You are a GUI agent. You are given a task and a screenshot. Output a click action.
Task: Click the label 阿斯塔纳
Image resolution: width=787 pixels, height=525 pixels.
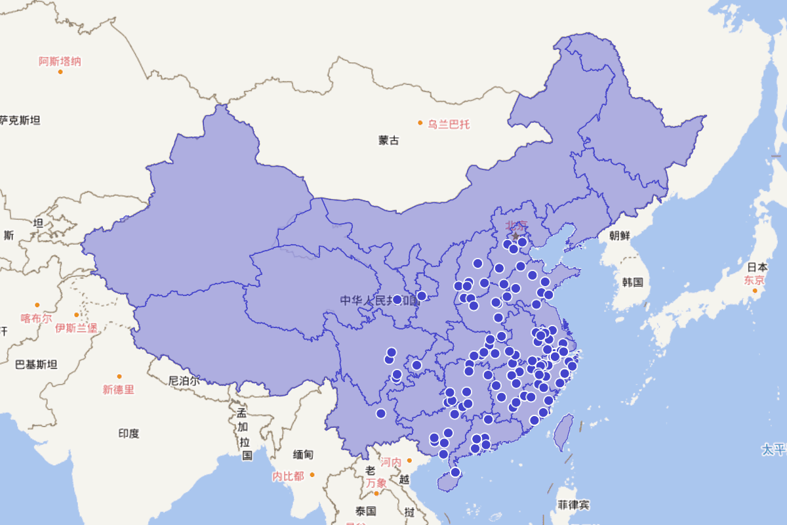[x=60, y=62]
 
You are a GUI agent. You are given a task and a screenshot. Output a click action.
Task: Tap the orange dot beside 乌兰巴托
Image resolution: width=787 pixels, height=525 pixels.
[x=420, y=123]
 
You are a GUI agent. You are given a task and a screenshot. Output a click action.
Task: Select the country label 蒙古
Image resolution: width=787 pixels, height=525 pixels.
[x=388, y=140]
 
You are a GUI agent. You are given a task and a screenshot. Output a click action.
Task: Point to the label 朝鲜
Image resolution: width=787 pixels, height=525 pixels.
[x=619, y=236]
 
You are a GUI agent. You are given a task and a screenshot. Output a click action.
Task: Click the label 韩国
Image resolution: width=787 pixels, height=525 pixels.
[x=633, y=282]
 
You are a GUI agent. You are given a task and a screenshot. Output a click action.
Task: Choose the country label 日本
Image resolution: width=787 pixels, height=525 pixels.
[x=757, y=267]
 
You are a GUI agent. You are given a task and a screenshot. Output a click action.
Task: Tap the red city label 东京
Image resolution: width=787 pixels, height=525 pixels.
[x=754, y=280]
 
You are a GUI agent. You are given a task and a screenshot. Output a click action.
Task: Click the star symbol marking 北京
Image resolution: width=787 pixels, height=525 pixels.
[x=515, y=236]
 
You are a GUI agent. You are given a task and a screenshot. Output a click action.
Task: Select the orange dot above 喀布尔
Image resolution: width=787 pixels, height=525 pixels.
[x=37, y=305]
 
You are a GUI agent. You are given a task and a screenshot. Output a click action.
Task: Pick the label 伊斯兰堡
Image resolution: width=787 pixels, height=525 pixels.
[x=76, y=327]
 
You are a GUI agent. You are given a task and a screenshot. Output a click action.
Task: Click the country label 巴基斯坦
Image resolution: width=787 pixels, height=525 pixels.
[x=36, y=364]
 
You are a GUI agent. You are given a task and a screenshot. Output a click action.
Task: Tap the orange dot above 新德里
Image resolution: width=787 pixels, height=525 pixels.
[x=119, y=377]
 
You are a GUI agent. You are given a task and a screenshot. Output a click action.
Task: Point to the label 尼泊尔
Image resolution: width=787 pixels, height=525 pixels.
[x=184, y=381]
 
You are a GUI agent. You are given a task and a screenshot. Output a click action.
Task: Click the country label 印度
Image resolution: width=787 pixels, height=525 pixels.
[x=129, y=433]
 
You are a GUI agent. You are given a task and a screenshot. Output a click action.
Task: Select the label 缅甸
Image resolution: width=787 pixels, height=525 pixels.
[x=303, y=454]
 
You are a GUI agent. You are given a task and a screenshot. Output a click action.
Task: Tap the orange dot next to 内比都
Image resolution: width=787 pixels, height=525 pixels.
[x=312, y=474]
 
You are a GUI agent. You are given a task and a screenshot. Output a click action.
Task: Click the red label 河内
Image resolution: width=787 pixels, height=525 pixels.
[x=391, y=463]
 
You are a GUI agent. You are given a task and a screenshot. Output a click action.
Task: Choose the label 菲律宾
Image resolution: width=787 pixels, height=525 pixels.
[x=573, y=505]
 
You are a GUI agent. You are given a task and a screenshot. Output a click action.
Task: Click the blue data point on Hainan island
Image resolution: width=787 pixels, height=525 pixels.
[x=456, y=472]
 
